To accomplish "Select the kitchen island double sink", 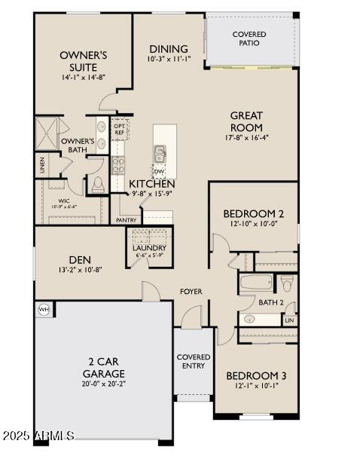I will [x=160, y=155].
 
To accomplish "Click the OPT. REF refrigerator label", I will [x=120, y=129].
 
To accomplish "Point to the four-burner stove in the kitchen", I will [x=118, y=164].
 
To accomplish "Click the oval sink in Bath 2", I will [x=249, y=319].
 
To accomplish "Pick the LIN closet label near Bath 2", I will [x=289, y=320].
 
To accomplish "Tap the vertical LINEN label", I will [x=41, y=164].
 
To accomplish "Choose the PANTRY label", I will [x=126, y=220].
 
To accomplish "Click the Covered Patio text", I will [x=249, y=38].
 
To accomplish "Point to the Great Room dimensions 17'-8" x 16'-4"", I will [x=246, y=138].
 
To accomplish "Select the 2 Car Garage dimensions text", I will [x=104, y=384].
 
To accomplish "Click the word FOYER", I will [x=190, y=291].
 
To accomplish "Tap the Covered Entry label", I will [x=194, y=361].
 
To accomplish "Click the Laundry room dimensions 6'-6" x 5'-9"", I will [x=149, y=256].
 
